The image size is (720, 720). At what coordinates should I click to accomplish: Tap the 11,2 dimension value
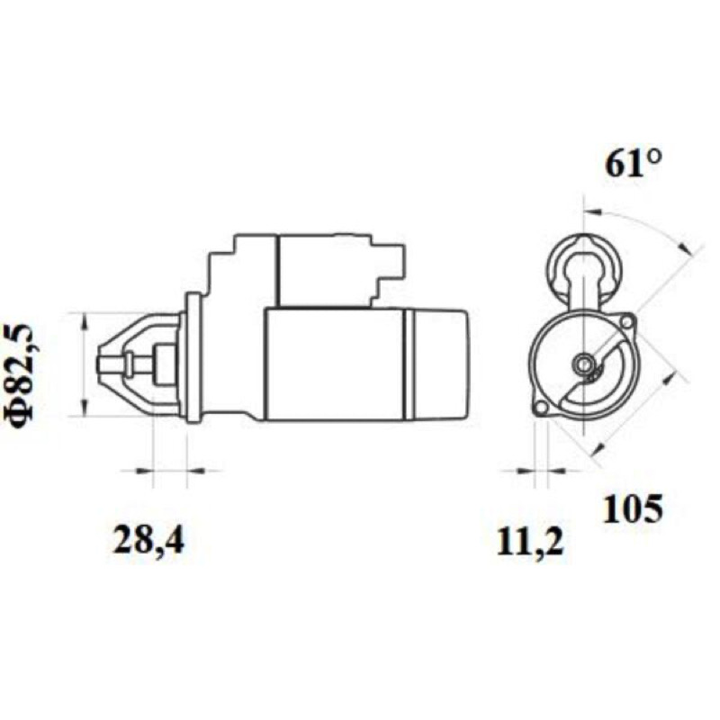[x=530, y=543]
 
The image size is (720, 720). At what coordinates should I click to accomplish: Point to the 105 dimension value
[x=633, y=508]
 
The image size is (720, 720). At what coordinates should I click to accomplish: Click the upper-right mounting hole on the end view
[x=625, y=322]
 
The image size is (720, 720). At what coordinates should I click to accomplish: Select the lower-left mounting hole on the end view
[x=542, y=408]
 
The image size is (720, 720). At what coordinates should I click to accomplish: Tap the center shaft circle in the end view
[x=583, y=364]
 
